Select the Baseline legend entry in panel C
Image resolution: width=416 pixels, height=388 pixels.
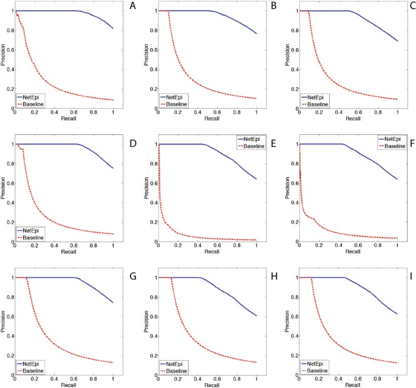point(320,104)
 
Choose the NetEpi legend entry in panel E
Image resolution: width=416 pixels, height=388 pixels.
point(249,139)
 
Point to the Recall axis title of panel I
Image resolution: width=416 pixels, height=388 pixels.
point(348,384)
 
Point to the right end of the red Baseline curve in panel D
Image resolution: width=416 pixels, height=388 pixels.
point(113,234)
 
